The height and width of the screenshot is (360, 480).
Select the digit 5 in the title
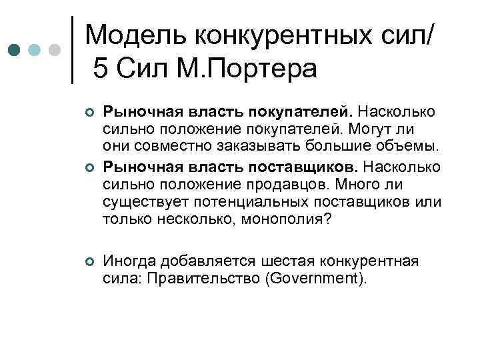coord(101,68)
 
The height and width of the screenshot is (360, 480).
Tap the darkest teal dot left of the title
coord(13,50)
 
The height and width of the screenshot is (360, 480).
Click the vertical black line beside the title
coord(73,50)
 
